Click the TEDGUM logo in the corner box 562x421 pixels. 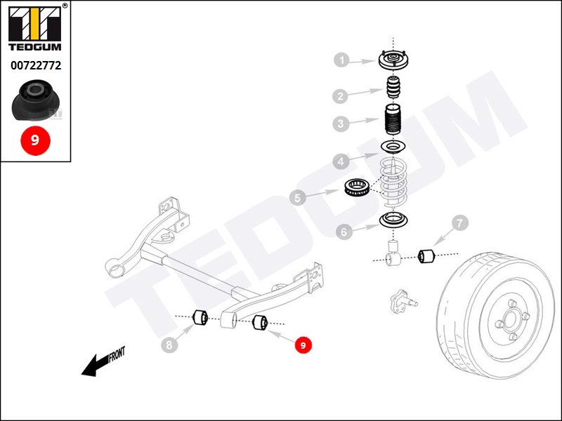tap(34, 29)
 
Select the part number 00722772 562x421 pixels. tap(36, 65)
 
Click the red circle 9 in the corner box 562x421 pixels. tap(35, 140)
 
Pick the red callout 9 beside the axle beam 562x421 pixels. tap(303, 345)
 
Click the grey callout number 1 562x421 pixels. tap(342, 60)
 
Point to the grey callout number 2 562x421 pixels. tap(340, 95)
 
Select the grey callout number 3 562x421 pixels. tap(341, 123)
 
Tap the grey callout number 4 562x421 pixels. tap(341, 161)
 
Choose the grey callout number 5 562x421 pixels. tap(297, 197)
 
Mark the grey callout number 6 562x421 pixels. tap(344, 232)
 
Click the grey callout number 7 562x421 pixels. tap(460, 222)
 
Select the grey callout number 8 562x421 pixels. tap(169, 345)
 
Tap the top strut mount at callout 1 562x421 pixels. tap(393, 60)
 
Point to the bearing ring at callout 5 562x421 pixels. tap(356, 187)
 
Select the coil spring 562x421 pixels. tap(393, 182)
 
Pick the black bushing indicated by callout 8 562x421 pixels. tap(200, 318)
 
